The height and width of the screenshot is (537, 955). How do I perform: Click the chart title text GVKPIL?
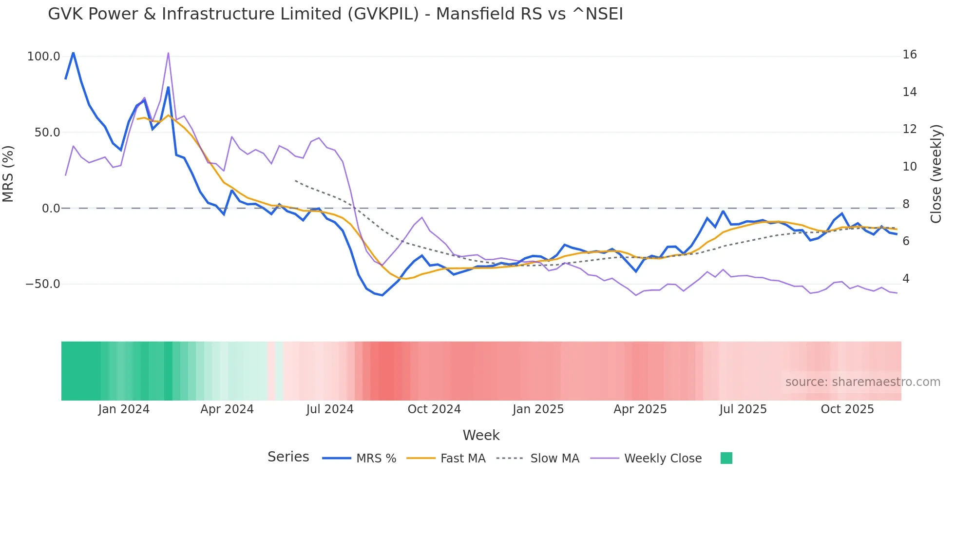335,14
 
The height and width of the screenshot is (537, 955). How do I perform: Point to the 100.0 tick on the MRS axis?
43,57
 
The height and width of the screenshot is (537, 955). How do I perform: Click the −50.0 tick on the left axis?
42,284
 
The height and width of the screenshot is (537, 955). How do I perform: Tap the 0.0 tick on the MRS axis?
51,209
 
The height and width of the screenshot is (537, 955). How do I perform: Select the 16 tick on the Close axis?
909,55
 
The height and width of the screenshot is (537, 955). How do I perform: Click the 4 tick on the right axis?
906,279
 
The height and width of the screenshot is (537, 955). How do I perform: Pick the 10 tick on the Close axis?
909,167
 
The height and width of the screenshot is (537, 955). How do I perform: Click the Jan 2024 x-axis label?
124,409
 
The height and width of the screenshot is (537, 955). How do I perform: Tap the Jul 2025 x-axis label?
743,409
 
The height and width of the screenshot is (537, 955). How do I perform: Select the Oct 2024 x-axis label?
434,409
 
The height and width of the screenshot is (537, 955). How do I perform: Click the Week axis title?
481,435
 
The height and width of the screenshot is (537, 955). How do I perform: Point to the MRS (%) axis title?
8,173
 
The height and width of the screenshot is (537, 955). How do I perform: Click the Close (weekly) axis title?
936,173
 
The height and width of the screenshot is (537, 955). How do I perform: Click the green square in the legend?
726,458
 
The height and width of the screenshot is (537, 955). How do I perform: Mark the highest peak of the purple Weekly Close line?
168,53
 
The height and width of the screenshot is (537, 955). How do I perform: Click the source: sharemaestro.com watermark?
862,382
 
